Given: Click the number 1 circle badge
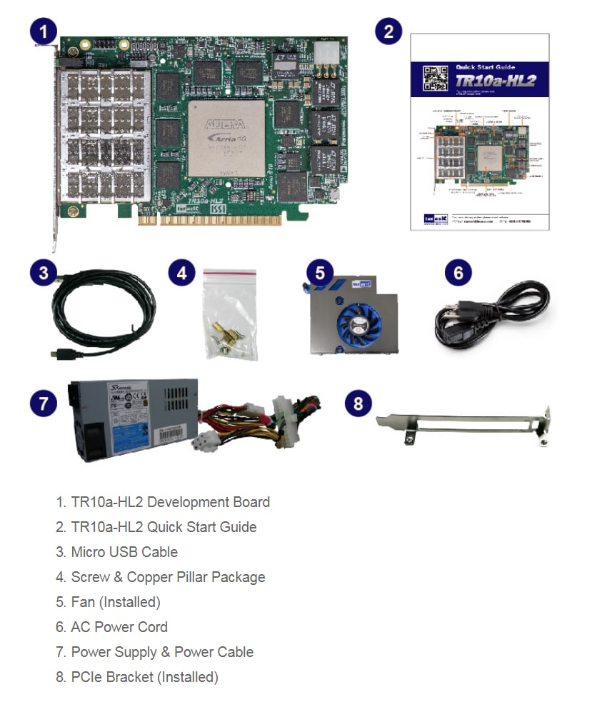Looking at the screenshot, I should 44,31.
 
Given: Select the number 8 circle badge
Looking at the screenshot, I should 358,403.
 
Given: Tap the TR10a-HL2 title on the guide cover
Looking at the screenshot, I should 496,81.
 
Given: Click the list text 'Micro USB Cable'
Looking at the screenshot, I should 124,552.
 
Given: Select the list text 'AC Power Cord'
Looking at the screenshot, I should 119,627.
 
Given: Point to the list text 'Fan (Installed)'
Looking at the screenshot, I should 116,602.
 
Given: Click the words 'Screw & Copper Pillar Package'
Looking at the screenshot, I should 168,577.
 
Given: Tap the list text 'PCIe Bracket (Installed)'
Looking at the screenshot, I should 144,677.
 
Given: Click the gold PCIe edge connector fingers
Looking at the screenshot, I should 214,221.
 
